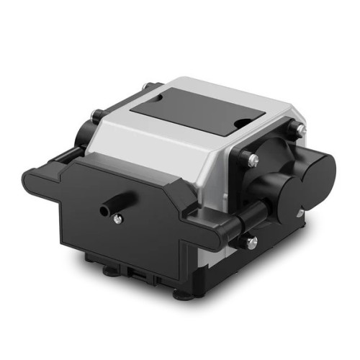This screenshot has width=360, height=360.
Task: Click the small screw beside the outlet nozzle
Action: point(117,220)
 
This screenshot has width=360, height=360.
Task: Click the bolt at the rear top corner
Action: point(147,87)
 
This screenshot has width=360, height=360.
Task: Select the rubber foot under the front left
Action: point(110,271)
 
